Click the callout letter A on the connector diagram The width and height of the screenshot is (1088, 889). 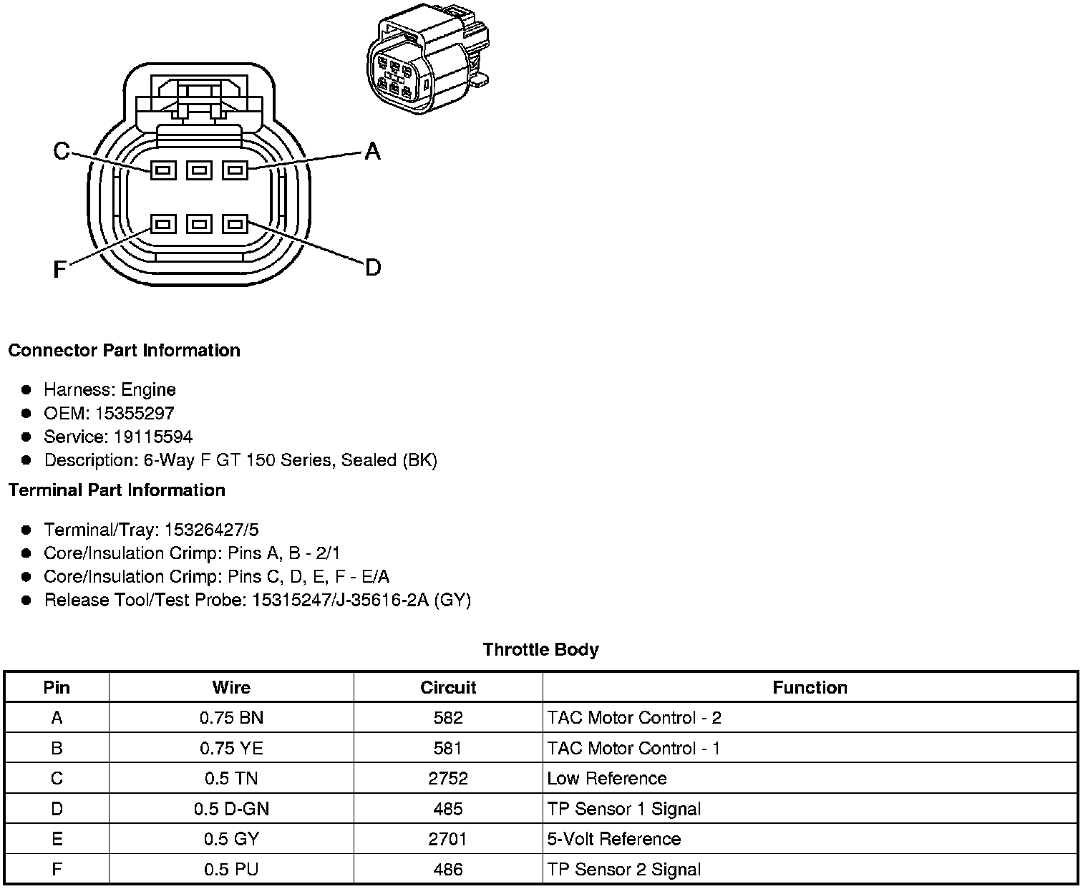372,151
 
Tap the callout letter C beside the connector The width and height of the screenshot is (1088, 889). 62,151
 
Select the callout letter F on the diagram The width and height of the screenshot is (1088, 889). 60,269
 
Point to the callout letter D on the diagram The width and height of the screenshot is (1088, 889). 372,268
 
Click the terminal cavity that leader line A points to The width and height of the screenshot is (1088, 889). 235,170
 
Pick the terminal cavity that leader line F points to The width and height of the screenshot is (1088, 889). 163,224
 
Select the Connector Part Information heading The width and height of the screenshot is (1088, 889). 124,350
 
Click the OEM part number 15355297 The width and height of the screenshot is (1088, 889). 134,413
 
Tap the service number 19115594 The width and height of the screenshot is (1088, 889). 153,437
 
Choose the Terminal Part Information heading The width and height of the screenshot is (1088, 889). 117,490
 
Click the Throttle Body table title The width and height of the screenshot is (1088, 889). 540,649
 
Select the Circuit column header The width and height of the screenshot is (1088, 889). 448,687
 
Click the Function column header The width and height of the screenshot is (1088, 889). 810,687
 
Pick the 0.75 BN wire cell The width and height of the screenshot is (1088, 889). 231,717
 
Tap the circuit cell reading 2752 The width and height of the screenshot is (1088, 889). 448,778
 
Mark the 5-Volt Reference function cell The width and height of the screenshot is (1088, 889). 613,838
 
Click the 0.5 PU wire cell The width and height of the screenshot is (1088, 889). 231,869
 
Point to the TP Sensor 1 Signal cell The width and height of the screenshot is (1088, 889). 623,808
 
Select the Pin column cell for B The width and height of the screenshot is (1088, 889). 57,748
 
